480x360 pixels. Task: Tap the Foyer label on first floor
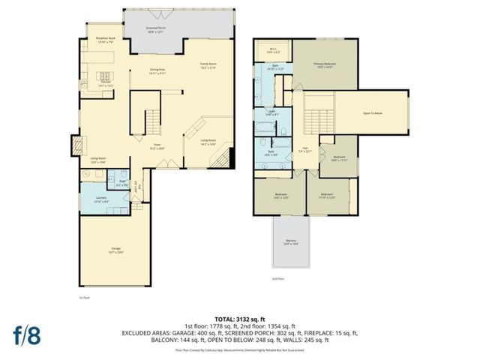157,146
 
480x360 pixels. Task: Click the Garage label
116,249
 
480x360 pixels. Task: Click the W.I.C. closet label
273,51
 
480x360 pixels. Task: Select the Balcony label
290,242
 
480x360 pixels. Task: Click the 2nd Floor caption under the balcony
278,277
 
